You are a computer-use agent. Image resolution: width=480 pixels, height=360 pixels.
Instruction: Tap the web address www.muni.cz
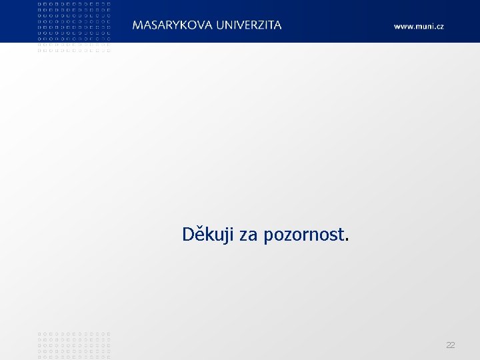point(418,27)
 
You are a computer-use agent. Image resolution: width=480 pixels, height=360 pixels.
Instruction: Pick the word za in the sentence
point(248,235)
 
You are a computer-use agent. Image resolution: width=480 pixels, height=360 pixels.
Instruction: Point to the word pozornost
point(303,235)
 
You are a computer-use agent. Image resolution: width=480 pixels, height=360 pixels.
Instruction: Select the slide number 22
point(451,345)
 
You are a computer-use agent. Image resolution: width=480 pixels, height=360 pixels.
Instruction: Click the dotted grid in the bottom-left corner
point(74,345)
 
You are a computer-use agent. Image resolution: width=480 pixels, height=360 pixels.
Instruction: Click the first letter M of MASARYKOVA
point(137,25)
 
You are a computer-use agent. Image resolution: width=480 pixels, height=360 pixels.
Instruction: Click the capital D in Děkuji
point(188,234)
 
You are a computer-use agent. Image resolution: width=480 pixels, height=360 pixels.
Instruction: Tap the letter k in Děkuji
point(209,234)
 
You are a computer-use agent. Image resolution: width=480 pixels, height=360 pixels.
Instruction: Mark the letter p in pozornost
point(269,237)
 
